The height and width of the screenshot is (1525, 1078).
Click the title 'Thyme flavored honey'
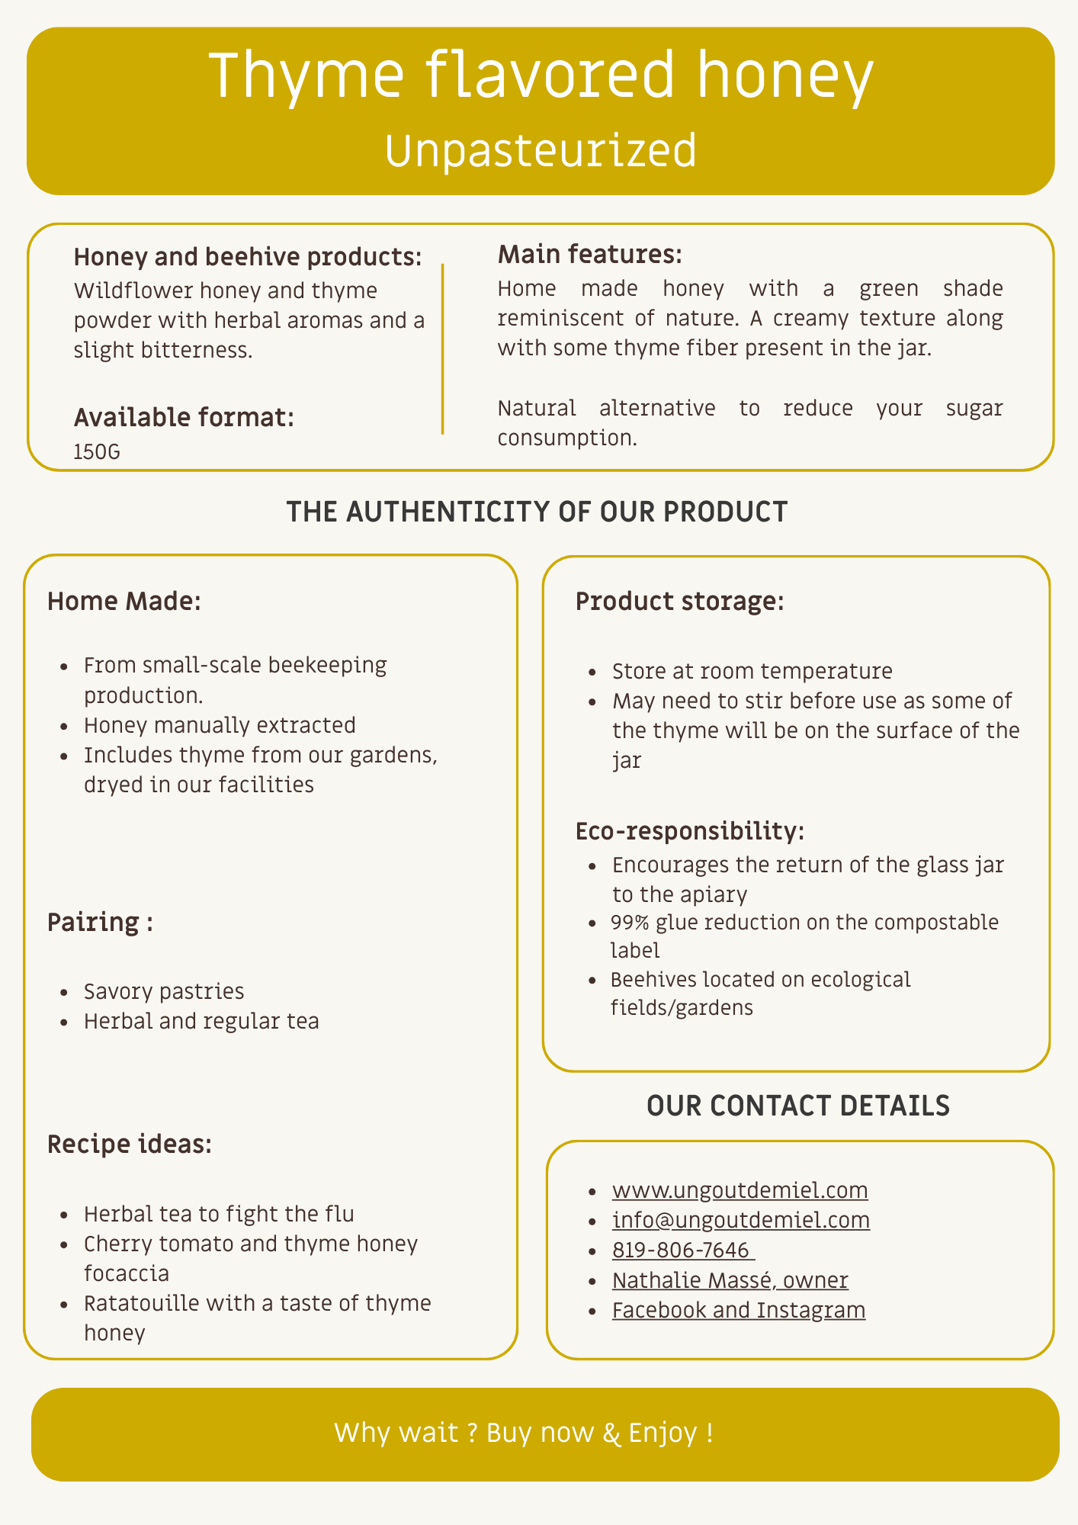(540, 75)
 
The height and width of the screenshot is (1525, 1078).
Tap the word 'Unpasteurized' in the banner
(541, 150)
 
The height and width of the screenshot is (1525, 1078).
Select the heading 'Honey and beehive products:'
(248, 257)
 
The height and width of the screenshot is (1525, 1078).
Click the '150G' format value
(97, 452)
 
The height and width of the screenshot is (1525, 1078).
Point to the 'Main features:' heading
(589, 255)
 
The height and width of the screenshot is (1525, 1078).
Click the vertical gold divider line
(442, 348)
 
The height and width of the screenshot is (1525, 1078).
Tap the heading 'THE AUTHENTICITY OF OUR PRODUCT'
(537, 512)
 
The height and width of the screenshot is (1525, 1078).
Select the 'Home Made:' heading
(124, 602)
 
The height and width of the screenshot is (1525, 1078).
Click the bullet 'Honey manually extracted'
(220, 724)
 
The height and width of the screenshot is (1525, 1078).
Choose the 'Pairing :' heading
(100, 923)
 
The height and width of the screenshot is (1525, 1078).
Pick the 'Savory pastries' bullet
(164, 991)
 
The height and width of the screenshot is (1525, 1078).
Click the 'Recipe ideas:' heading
(130, 1145)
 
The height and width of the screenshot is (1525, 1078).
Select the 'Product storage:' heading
(679, 602)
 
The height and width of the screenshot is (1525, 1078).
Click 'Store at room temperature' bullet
(752, 671)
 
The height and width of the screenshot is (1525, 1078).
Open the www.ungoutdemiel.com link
(740, 1190)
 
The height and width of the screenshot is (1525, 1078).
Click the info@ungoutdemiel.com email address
(740, 1220)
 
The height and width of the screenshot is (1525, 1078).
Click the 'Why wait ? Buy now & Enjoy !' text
(524, 1433)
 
